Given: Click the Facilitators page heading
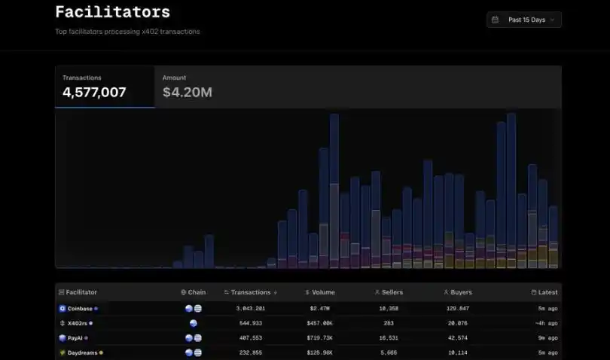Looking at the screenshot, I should coord(112,12).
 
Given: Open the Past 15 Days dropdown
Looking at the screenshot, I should coord(524,20).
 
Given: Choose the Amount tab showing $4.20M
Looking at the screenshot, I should coord(188,87).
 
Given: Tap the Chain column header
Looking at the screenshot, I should coord(194,292).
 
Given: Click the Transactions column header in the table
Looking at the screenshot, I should coord(251,292).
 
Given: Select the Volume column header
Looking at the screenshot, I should coord(320,292).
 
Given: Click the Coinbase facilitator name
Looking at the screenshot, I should coord(80,309).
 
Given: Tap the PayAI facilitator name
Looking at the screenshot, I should coord(75,338).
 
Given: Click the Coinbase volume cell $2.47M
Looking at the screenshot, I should coord(320,309).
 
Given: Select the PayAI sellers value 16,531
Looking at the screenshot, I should coord(389,338).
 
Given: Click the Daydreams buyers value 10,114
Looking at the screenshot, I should coord(458,352).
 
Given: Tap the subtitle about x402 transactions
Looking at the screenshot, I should coord(127,32).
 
